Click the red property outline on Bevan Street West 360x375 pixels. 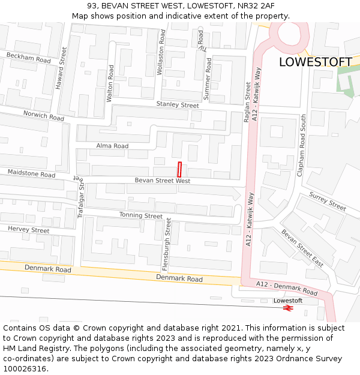click(x=179, y=169)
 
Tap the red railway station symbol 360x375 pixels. click(x=288, y=308)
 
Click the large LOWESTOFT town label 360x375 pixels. click(x=315, y=62)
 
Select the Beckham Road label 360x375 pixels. click(x=29, y=58)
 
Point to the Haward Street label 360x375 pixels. click(x=61, y=69)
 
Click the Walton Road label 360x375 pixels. click(x=110, y=84)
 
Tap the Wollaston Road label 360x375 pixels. click(x=161, y=53)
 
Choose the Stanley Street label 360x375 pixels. click(x=178, y=105)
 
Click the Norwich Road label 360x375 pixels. click(x=44, y=116)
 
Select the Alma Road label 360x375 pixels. click(x=113, y=146)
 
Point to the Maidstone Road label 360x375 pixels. click(x=31, y=174)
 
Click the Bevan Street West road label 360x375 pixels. click(x=162, y=181)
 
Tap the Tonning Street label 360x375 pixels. click(x=140, y=215)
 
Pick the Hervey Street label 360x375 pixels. click(x=29, y=230)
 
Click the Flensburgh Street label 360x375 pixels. click(x=168, y=244)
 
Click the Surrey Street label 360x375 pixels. click(x=328, y=201)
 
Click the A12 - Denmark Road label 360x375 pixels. click(x=287, y=287)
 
